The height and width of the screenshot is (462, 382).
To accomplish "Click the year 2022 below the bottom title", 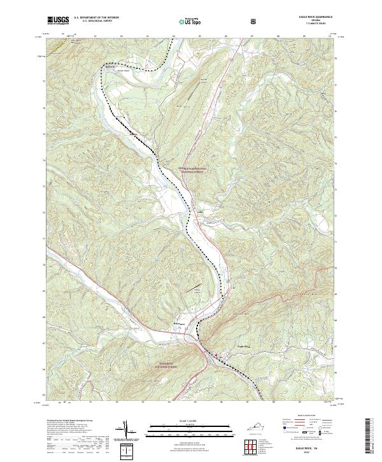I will [311, 452].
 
